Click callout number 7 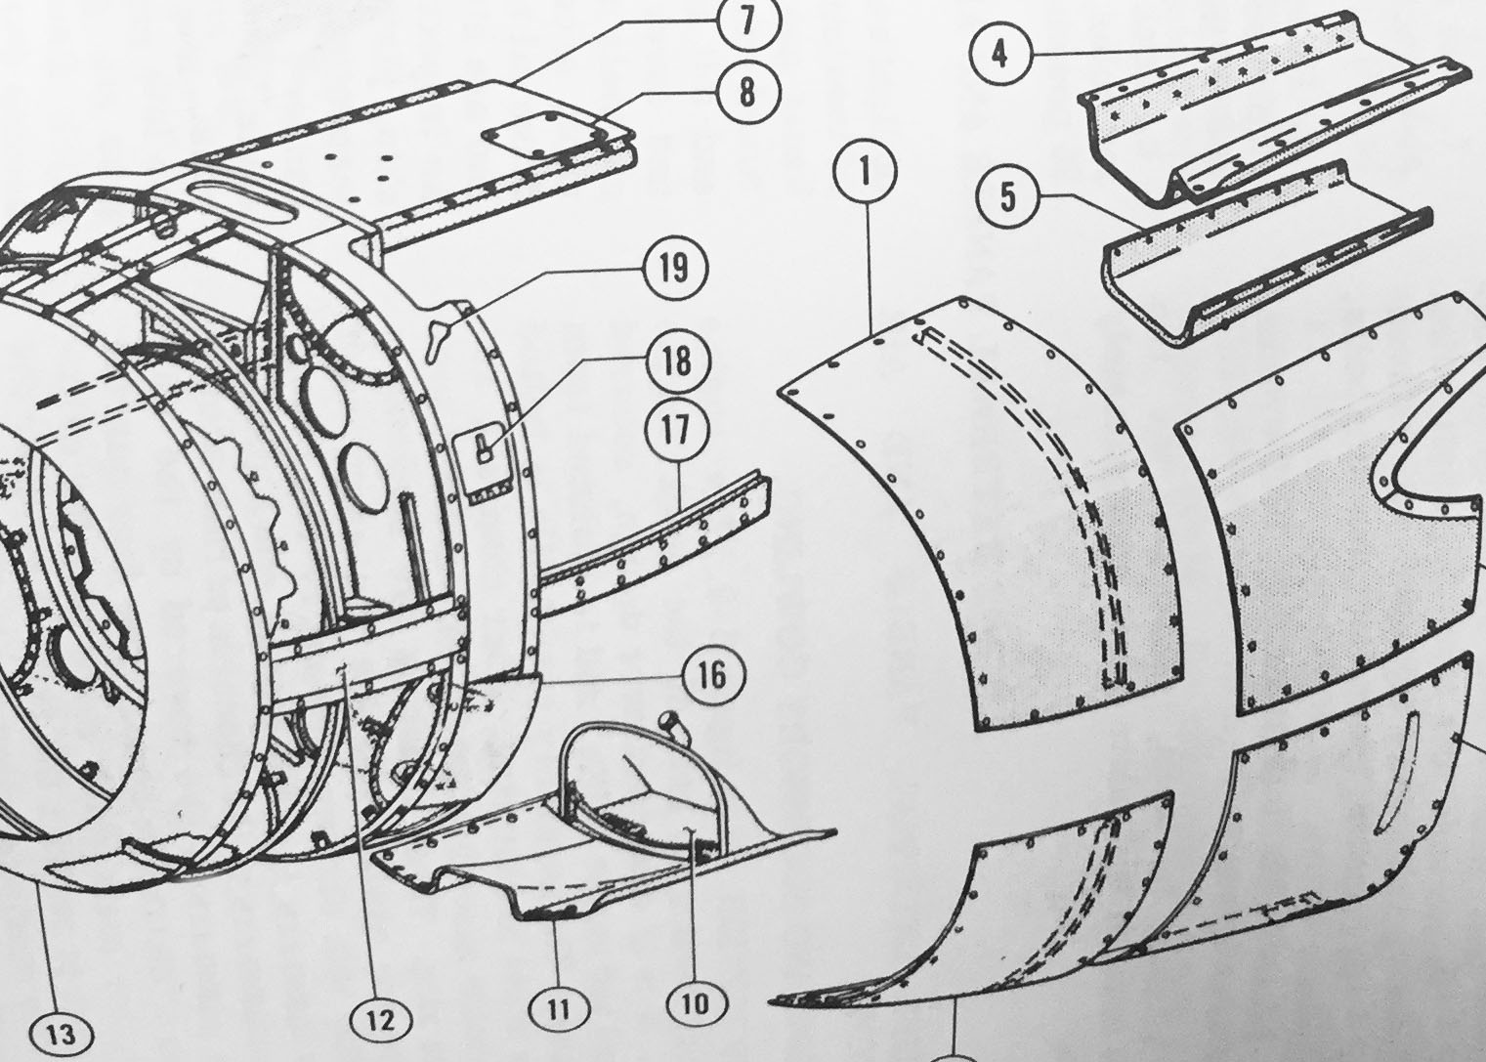pyautogui.click(x=746, y=21)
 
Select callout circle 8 pyautogui.click(x=747, y=92)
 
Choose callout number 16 pyautogui.click(x=712, y=674)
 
